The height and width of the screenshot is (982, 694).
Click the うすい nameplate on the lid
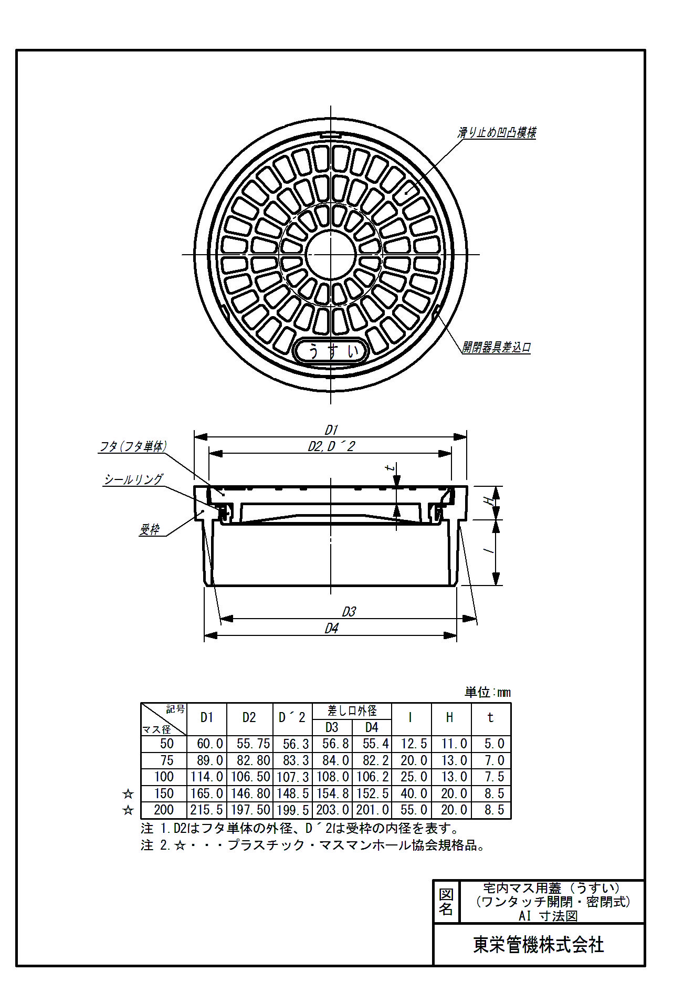331,351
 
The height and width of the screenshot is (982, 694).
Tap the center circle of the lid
331,255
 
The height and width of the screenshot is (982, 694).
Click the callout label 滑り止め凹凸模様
497,132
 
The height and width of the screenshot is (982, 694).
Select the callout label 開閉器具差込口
497,347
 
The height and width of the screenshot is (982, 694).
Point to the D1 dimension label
331,430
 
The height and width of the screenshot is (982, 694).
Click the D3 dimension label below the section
349,612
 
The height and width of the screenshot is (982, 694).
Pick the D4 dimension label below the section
331,628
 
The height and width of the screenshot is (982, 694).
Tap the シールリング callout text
133,479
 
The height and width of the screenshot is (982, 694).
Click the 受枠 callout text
149,529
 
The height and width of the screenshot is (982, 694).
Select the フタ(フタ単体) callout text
133,446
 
